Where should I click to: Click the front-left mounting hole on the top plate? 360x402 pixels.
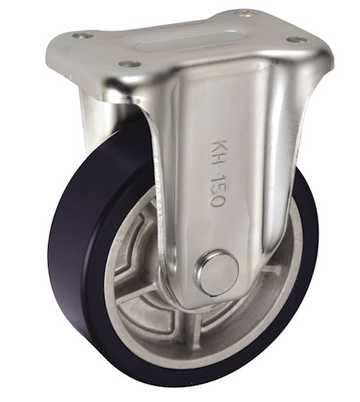click(130, 63)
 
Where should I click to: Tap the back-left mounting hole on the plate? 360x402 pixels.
click(83, 35)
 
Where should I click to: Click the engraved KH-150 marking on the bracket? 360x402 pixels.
click(217, 173)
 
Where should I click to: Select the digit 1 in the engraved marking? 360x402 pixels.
click(217, 178)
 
